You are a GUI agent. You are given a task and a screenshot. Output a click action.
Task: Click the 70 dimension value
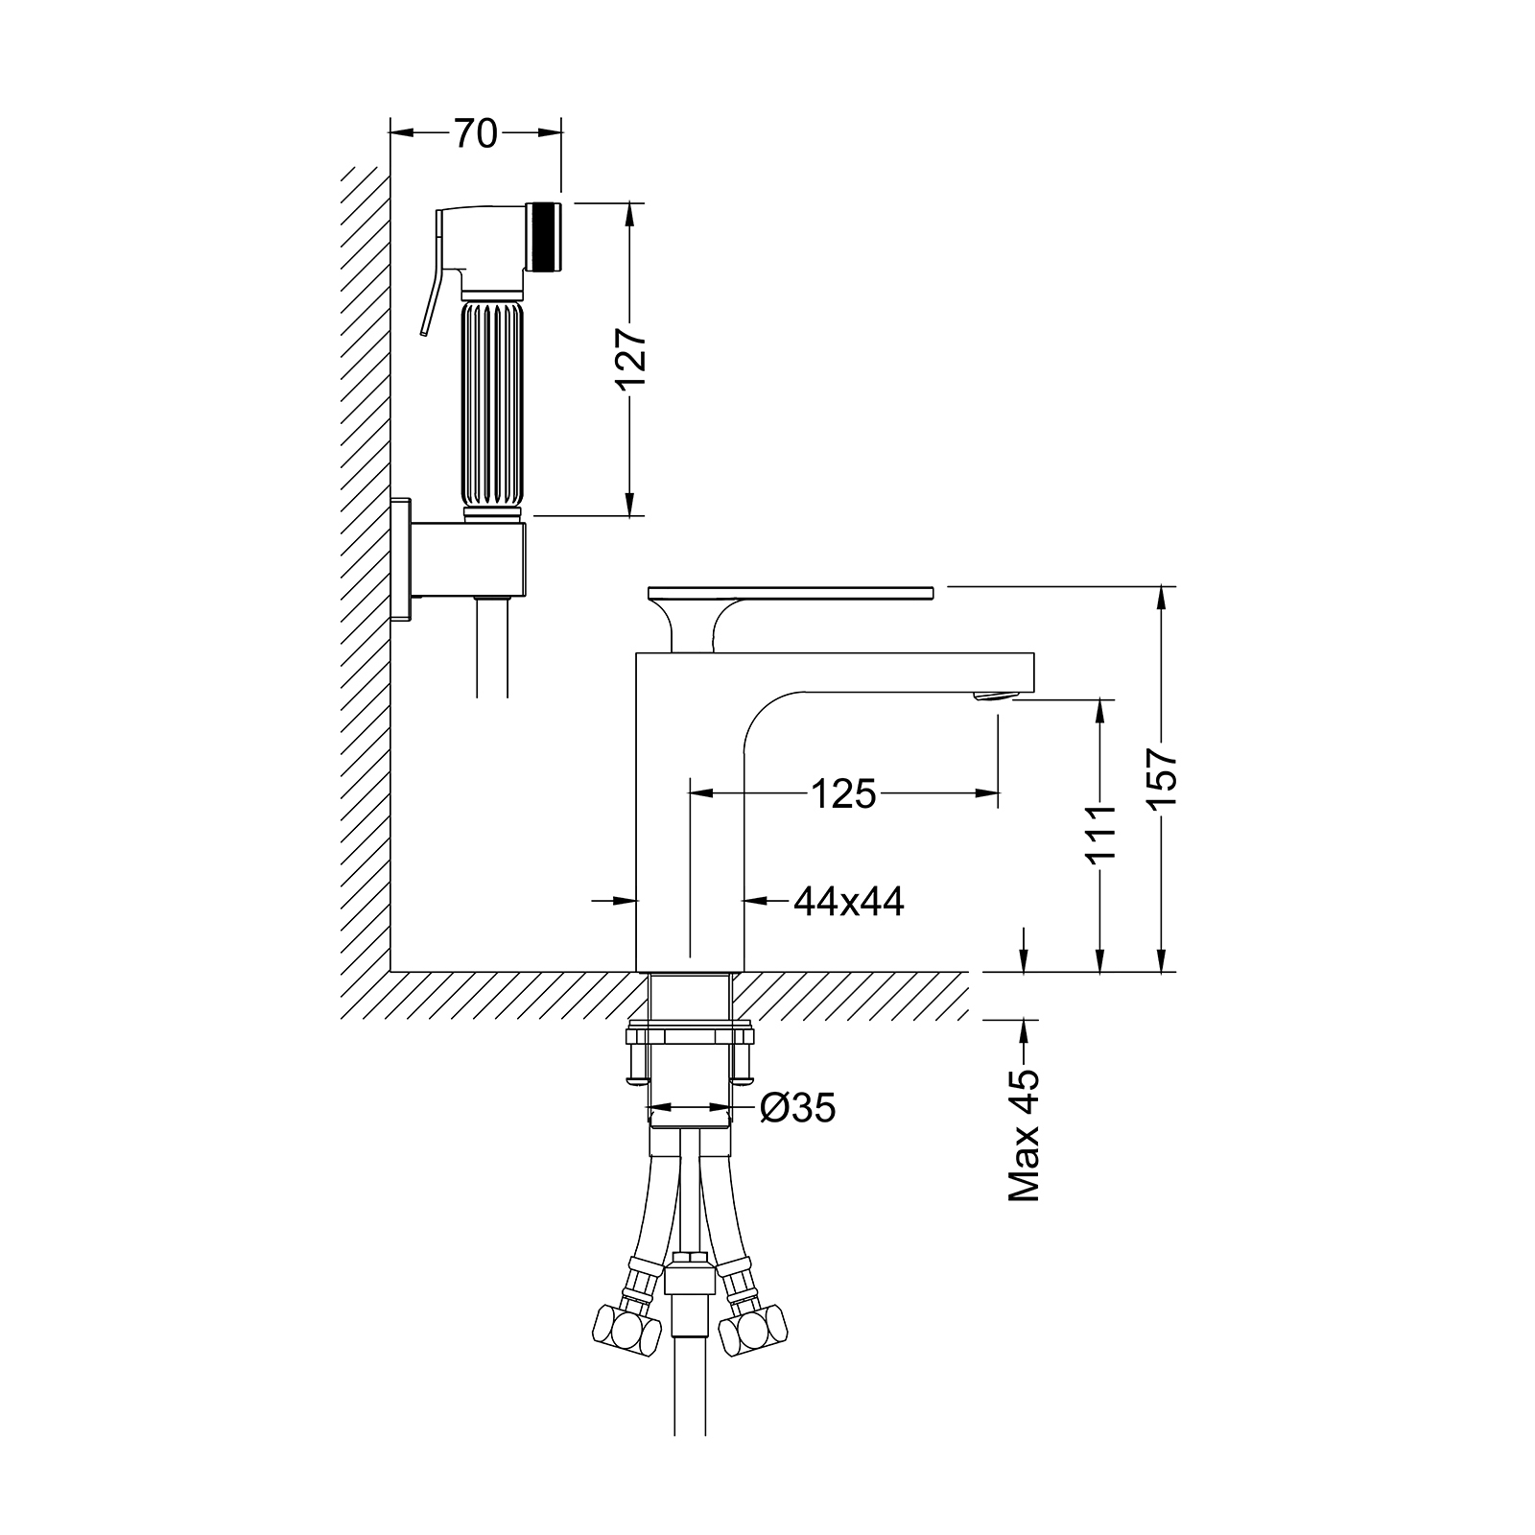click(475, 133)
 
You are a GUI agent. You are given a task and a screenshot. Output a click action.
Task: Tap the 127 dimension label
click(632, 360)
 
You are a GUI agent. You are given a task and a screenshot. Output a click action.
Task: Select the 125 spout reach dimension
click(844, 793)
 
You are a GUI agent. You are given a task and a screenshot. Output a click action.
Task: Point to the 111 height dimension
click(1102, 833)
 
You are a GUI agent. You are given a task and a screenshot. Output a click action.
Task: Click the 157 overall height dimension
click(1162, 780)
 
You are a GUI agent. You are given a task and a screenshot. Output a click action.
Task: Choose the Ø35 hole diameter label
click(797, 1108)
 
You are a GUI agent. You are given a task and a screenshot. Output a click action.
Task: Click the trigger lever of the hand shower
click(432, 278)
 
